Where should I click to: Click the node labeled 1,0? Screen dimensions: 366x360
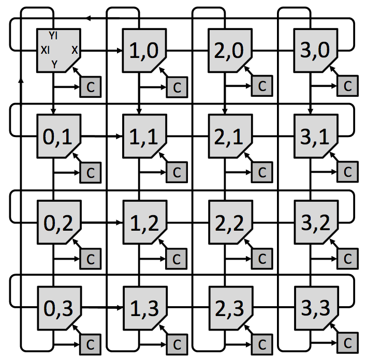144,50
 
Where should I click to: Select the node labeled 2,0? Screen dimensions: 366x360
230,50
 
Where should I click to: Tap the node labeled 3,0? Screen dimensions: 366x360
316,50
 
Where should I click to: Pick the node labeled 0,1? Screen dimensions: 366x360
59,136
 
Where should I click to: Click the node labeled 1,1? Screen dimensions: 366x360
144,136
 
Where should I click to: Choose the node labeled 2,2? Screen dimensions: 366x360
230,222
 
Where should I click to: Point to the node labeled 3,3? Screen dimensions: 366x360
316,308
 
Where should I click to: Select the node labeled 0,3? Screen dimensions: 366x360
60,308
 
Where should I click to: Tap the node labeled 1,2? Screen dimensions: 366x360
145,222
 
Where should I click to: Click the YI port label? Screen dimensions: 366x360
53,36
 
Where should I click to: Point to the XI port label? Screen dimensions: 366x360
45,50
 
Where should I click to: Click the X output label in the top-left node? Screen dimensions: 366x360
75,50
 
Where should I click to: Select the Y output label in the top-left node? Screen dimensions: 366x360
54,64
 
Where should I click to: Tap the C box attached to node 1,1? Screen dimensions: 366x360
177,172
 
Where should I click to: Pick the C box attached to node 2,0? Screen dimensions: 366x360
262,86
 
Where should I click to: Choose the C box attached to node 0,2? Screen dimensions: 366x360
90,259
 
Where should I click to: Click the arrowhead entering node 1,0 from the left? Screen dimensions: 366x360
120,50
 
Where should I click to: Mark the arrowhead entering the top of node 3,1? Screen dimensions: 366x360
310,111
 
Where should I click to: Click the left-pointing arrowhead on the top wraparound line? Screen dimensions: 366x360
88,18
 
